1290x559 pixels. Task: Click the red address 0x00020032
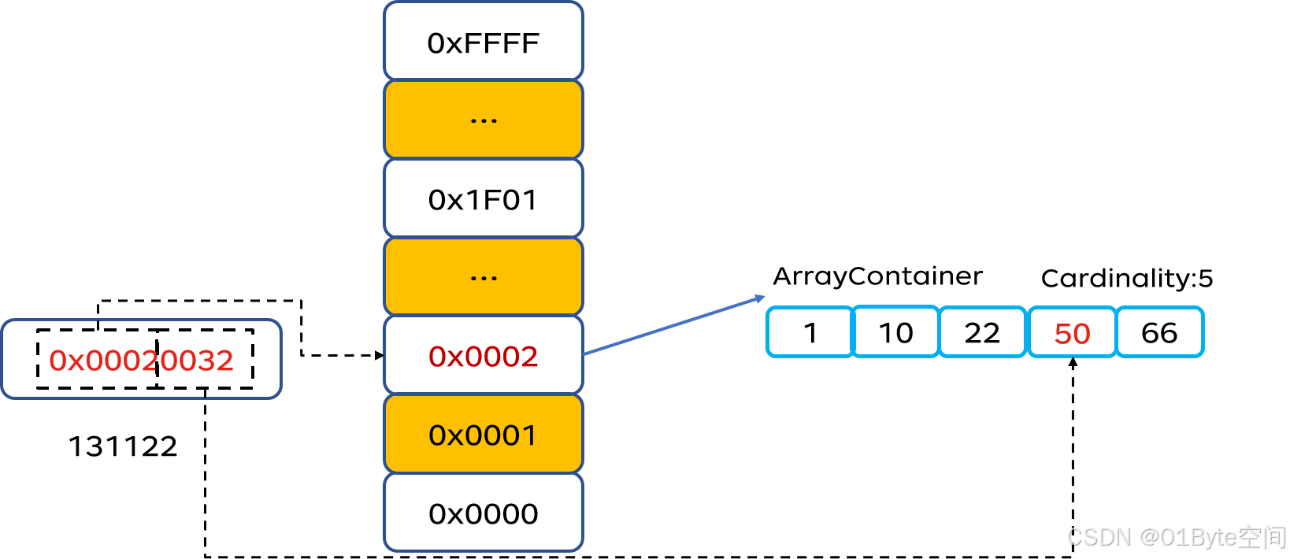pos(142,361)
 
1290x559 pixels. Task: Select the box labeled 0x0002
pos(483,356)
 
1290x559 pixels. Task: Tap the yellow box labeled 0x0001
pos(483,435)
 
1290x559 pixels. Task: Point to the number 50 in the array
pos(1072,334)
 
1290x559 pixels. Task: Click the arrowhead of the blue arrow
pos(760,298)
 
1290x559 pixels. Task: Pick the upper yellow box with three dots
pos(483,120)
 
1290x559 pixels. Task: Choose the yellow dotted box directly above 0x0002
pos(483,277)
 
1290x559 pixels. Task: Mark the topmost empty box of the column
pos(483,41)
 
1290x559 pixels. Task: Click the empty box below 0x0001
pos(483,513)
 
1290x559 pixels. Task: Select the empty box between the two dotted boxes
pos(483,198)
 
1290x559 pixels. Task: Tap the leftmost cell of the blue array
pos(810,332)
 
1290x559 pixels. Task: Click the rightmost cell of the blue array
pos(1160,332)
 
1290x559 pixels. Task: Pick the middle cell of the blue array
pos(983,332)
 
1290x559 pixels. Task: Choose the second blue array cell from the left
pos(896,332)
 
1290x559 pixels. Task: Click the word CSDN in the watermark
pos(1097,537)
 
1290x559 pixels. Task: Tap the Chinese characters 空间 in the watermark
pos(1261,537)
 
